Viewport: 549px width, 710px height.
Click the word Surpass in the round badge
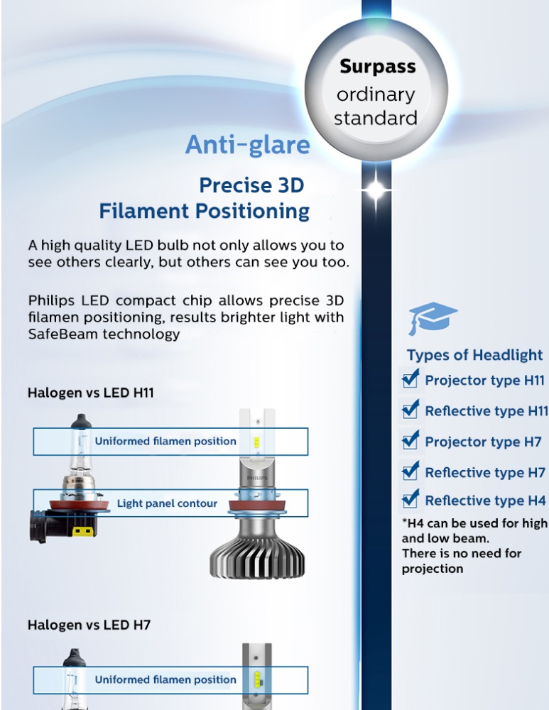tap(378, 67)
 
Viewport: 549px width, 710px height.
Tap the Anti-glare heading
tap(248, 145)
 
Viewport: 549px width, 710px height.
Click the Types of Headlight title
tap(474, 355)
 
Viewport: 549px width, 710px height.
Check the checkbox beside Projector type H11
tap(411, 379)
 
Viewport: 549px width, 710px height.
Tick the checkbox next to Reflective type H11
tap(411, 410)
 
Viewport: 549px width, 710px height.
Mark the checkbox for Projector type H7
tap(411, 441)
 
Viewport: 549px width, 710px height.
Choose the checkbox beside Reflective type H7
tap(411, 471)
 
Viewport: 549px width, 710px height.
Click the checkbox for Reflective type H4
tap(411, 499)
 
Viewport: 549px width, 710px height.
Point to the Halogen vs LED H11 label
tap(91, 393)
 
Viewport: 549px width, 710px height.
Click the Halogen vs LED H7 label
tap(89, 626)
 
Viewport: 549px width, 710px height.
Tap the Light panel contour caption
tap(167, 503)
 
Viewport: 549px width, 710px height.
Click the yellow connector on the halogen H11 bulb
tap(82, 530)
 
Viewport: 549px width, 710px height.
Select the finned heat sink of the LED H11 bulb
tap(257, 555)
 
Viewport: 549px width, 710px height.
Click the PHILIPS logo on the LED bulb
tap(257, 478)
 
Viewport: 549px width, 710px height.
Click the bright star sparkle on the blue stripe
tap(376, 190)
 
